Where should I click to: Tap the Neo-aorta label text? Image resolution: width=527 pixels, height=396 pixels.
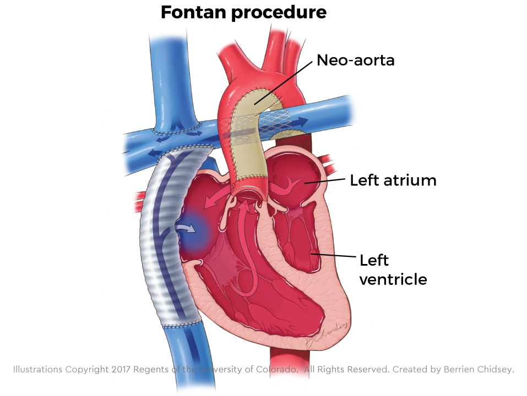[355, 60]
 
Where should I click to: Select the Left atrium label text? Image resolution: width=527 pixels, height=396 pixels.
[393, 180]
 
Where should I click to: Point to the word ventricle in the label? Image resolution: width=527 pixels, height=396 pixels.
[393, 279]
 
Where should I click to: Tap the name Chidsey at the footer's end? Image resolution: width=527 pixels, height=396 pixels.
[495, 369]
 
